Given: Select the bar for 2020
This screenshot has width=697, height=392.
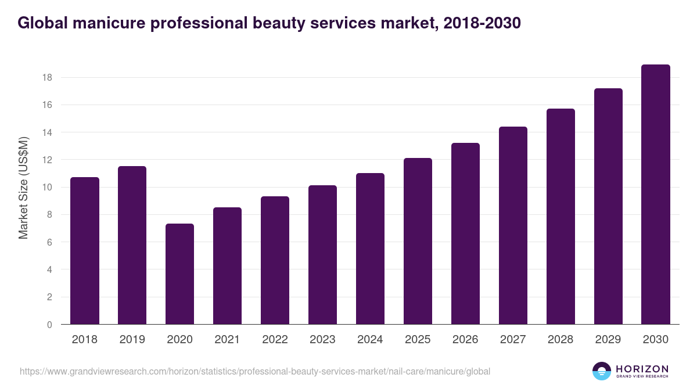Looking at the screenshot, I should pos(179,274).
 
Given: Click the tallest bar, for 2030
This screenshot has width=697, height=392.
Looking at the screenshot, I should pos(656,195).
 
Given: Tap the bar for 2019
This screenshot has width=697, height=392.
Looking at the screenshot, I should pos(132,245).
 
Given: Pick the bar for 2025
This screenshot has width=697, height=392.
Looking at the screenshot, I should pos(418,241).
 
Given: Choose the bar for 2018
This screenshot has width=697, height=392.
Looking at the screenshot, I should pos(84,251).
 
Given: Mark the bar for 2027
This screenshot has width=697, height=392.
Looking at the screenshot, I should pos(513,225).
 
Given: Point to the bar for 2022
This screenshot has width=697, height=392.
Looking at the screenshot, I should pos(275,260).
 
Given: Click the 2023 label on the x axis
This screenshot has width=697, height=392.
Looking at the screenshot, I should pos(322,340).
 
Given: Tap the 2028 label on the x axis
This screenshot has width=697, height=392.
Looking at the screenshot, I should pos(561,340).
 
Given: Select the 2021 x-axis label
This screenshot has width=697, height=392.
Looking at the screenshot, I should pos(227,340).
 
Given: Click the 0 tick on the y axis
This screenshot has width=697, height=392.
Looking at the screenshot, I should pos(50,325).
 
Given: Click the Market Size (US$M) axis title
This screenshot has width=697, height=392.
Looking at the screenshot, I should pos(23,188).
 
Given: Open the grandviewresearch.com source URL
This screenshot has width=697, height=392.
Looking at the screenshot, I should pos(255,371).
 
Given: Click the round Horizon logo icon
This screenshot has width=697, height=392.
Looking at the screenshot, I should pos(602,371).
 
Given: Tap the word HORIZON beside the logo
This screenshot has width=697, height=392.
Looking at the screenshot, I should pos(642,369).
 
